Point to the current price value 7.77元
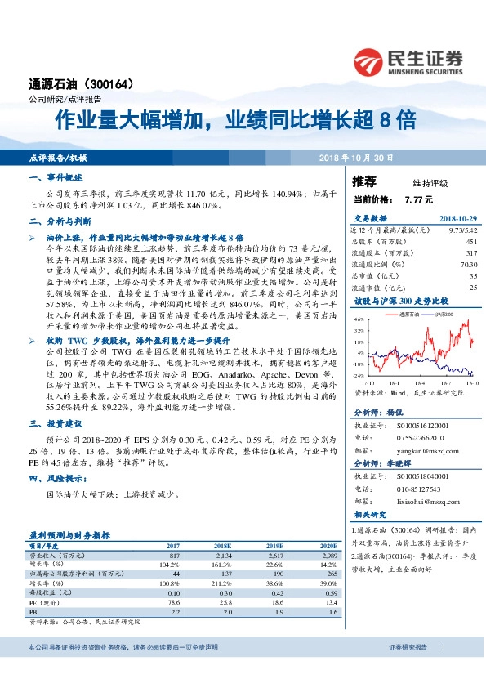point(419,199)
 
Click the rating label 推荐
point(364,181)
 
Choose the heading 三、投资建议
point(56,424)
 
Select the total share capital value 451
point(470,242)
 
